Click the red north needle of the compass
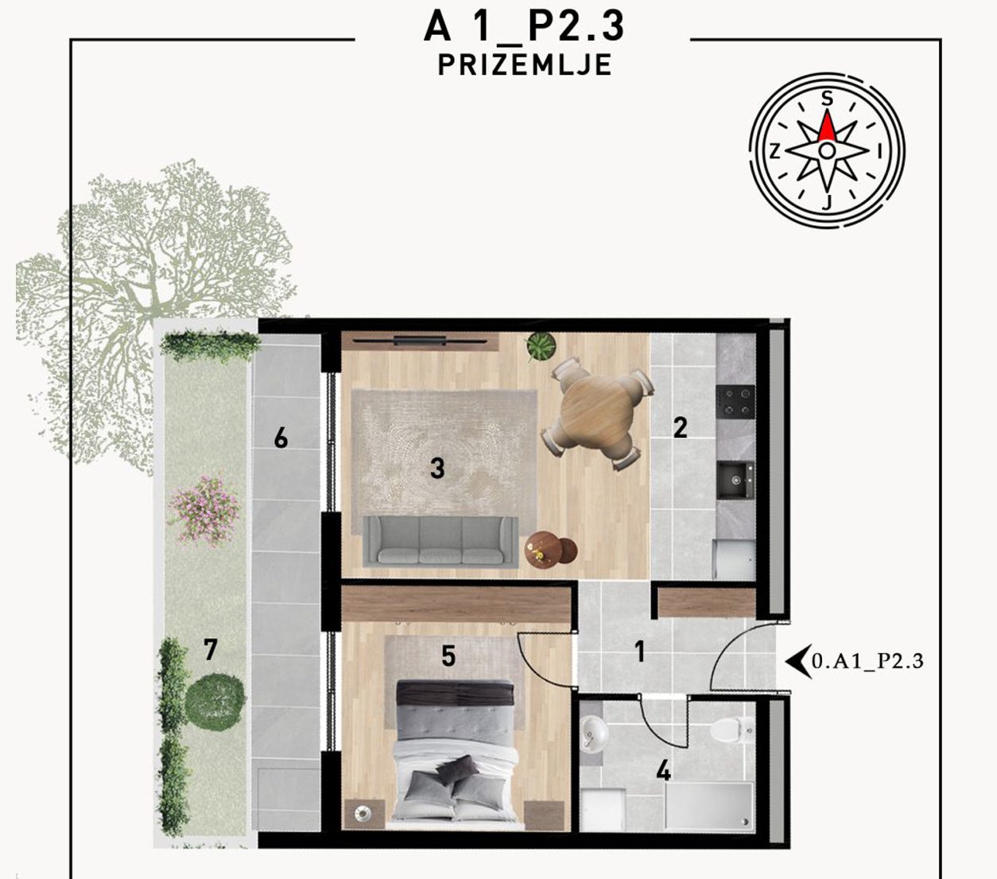827,127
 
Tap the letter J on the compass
827,202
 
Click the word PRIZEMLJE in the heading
525,65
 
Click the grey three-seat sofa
440,542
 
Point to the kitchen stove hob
735,402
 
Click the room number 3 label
437,468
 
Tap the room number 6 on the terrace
281,438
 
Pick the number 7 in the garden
211,650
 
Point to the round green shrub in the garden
215,702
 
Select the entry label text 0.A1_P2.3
867,661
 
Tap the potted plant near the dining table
541,346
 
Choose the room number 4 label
663,771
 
